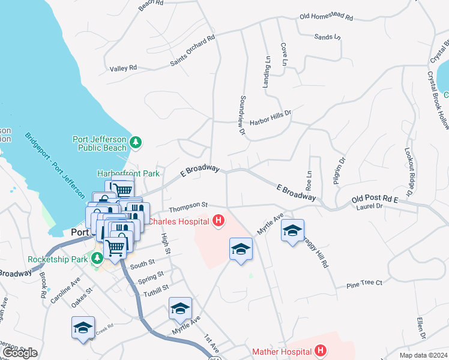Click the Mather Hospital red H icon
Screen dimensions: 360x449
coord(321,350)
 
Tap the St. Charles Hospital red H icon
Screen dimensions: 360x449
coord(218,221)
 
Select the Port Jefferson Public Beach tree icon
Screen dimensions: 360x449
coord(137,142)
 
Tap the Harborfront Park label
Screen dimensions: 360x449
coord(128,173)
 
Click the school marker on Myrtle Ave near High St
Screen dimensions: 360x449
coord(180,310)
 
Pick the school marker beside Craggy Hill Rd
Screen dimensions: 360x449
coord(292,232)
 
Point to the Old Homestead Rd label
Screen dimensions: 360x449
coord(326,17)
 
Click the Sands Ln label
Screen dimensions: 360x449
coord(327,37)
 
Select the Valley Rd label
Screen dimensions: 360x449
coord(123,68)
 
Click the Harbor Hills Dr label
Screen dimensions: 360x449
coord(270,112)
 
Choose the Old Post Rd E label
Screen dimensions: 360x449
coord(375,198)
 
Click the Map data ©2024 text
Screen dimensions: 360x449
coord(423,355)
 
